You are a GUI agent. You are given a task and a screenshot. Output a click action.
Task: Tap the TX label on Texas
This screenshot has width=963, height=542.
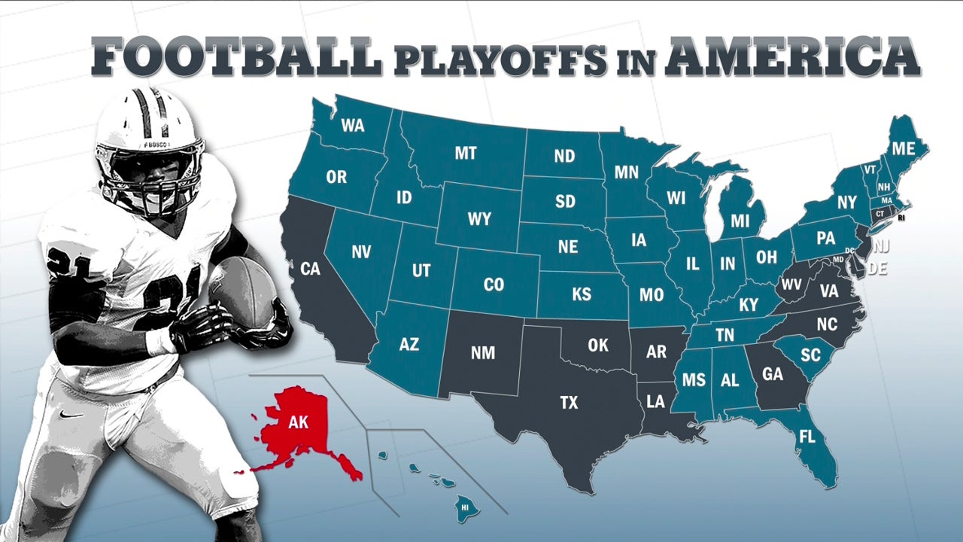pyautogui.click(x=570, y=403)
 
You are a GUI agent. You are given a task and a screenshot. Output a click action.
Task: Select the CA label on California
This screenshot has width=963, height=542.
pyautogui.click(x=310, y=268)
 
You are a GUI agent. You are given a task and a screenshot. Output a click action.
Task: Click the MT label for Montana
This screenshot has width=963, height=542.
pyautogui.click(x=466, y=154)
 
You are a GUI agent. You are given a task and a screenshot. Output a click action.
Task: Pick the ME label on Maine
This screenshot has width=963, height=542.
pyautogui.click(x=904, y=149)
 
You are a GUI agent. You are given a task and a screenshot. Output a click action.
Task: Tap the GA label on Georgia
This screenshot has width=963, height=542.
pyautogui.click(x=773, y=375)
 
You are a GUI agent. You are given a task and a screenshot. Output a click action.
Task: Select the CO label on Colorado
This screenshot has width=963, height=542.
pyautogui.click(x=494, y=285)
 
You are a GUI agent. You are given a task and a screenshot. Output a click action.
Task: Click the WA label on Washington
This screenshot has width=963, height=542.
pyautogui.click(x=352, y=125)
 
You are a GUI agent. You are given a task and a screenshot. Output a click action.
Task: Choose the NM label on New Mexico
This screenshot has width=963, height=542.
pyautogui.click(x=482, y=352)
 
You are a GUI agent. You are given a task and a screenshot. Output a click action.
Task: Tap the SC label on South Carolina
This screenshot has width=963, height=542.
pyautogui.click(x=810, y=355)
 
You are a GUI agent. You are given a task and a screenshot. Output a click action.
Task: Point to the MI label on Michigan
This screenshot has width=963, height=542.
pyautogui.click(x=740, y=221)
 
